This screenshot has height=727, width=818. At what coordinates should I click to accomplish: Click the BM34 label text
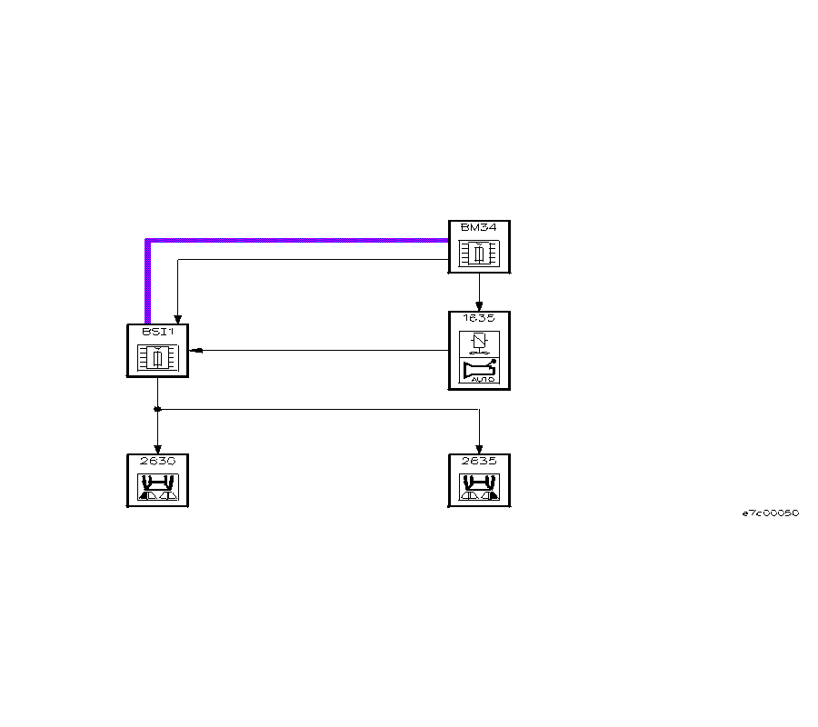479,227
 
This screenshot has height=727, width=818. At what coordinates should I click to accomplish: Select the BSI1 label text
156,332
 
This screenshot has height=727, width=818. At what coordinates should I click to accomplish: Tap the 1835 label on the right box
479,319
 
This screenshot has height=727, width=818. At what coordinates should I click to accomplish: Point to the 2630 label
157,461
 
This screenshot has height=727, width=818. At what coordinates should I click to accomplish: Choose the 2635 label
479,461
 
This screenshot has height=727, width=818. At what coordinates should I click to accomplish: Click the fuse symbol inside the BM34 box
479,254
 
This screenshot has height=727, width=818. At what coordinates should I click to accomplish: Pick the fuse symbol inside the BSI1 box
157,358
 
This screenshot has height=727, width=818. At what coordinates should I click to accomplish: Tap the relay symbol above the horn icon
479,343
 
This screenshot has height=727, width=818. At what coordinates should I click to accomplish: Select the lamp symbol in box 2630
157,488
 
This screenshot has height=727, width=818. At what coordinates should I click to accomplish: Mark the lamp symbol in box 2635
479,488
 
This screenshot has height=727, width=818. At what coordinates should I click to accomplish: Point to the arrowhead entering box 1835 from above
479,306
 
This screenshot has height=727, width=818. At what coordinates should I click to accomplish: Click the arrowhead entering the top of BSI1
176,319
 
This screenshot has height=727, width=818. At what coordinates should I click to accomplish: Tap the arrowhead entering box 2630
157,449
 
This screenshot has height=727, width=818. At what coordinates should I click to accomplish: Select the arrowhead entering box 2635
479,449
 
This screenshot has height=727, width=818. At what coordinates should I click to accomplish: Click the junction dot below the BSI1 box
157,409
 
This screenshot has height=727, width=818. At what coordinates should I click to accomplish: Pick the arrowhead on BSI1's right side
195,351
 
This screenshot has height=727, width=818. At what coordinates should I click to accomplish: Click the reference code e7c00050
770,513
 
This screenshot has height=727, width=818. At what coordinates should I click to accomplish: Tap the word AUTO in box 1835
483,380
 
